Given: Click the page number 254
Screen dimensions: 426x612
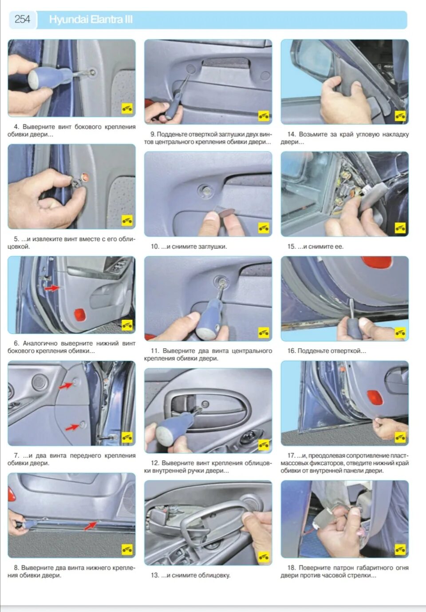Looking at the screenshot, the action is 22,20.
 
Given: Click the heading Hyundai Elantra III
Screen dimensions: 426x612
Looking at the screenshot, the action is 91,20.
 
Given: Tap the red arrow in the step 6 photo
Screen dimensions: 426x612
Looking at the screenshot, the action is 52,288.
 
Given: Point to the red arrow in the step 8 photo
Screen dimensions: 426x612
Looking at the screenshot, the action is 91,525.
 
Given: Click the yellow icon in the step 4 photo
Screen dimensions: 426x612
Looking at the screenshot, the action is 127,108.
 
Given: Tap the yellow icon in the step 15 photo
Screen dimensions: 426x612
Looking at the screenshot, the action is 400,227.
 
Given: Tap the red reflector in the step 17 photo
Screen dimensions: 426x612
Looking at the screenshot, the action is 375,397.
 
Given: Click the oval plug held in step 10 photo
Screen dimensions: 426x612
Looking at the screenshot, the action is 226,211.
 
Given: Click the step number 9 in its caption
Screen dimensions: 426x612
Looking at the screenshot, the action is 153,134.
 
